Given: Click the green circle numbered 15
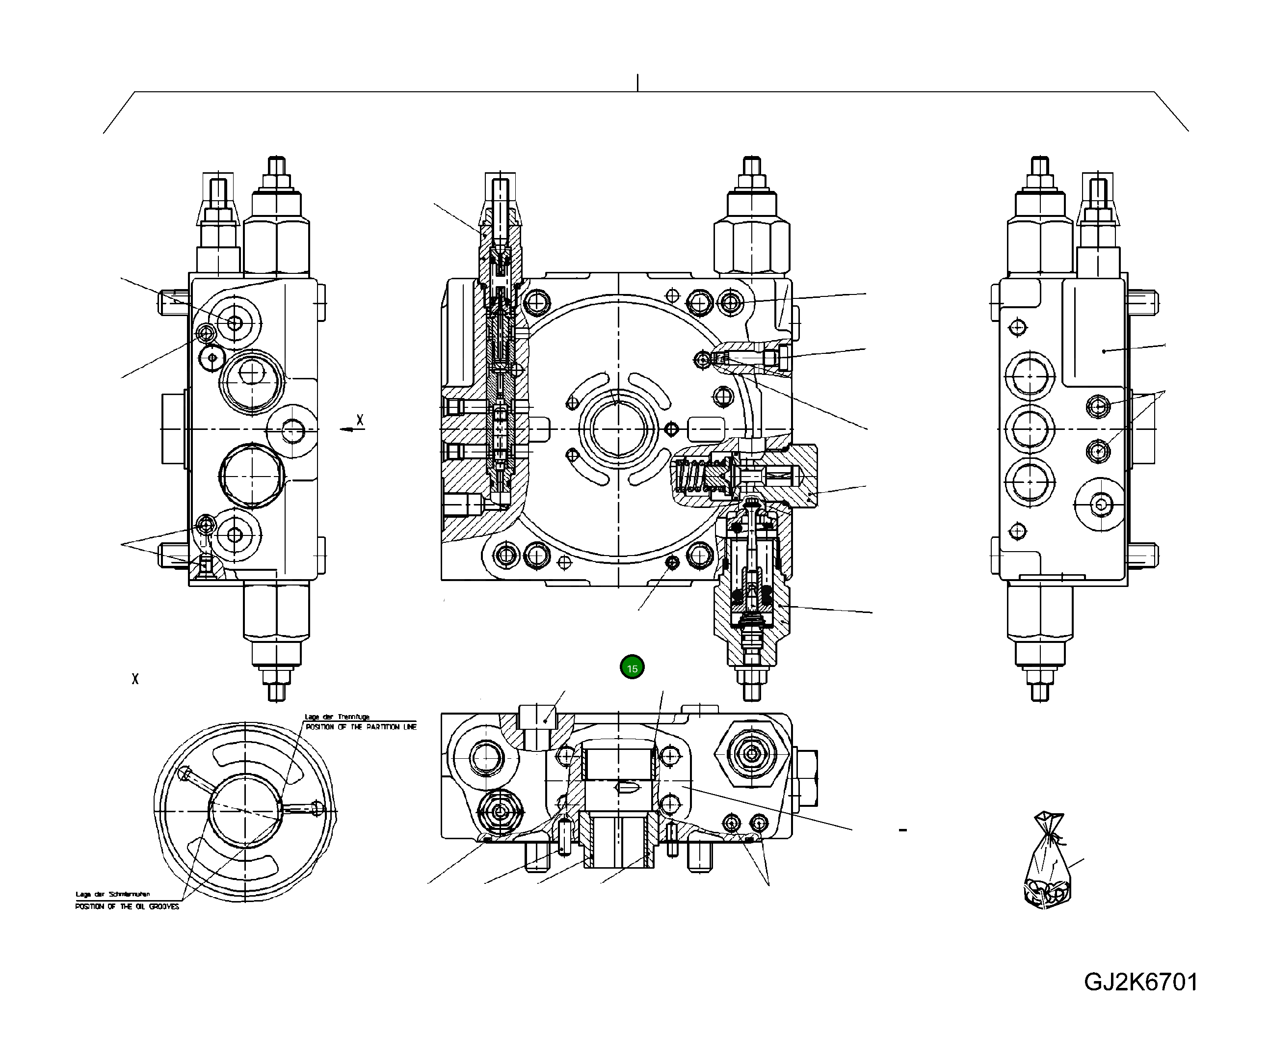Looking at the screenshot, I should coord(632,667).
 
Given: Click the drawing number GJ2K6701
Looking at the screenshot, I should coord(1140,982).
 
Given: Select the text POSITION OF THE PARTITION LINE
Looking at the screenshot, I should coord(361,727).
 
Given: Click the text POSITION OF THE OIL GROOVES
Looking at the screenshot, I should coord(127,906).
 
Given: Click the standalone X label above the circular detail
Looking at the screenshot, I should coord(135,679).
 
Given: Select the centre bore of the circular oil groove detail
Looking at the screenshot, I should coord(245,810).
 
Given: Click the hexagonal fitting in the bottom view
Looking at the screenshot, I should coord(752,753).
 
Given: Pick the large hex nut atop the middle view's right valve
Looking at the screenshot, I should coord(752,248).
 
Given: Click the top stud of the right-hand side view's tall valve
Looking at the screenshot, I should coord(1039,166).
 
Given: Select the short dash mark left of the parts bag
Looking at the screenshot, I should coord(903,830).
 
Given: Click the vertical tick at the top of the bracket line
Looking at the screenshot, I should coord(637,83).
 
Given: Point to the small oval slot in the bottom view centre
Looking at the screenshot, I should coord(626,788).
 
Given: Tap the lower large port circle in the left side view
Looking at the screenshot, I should coord(251,476).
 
